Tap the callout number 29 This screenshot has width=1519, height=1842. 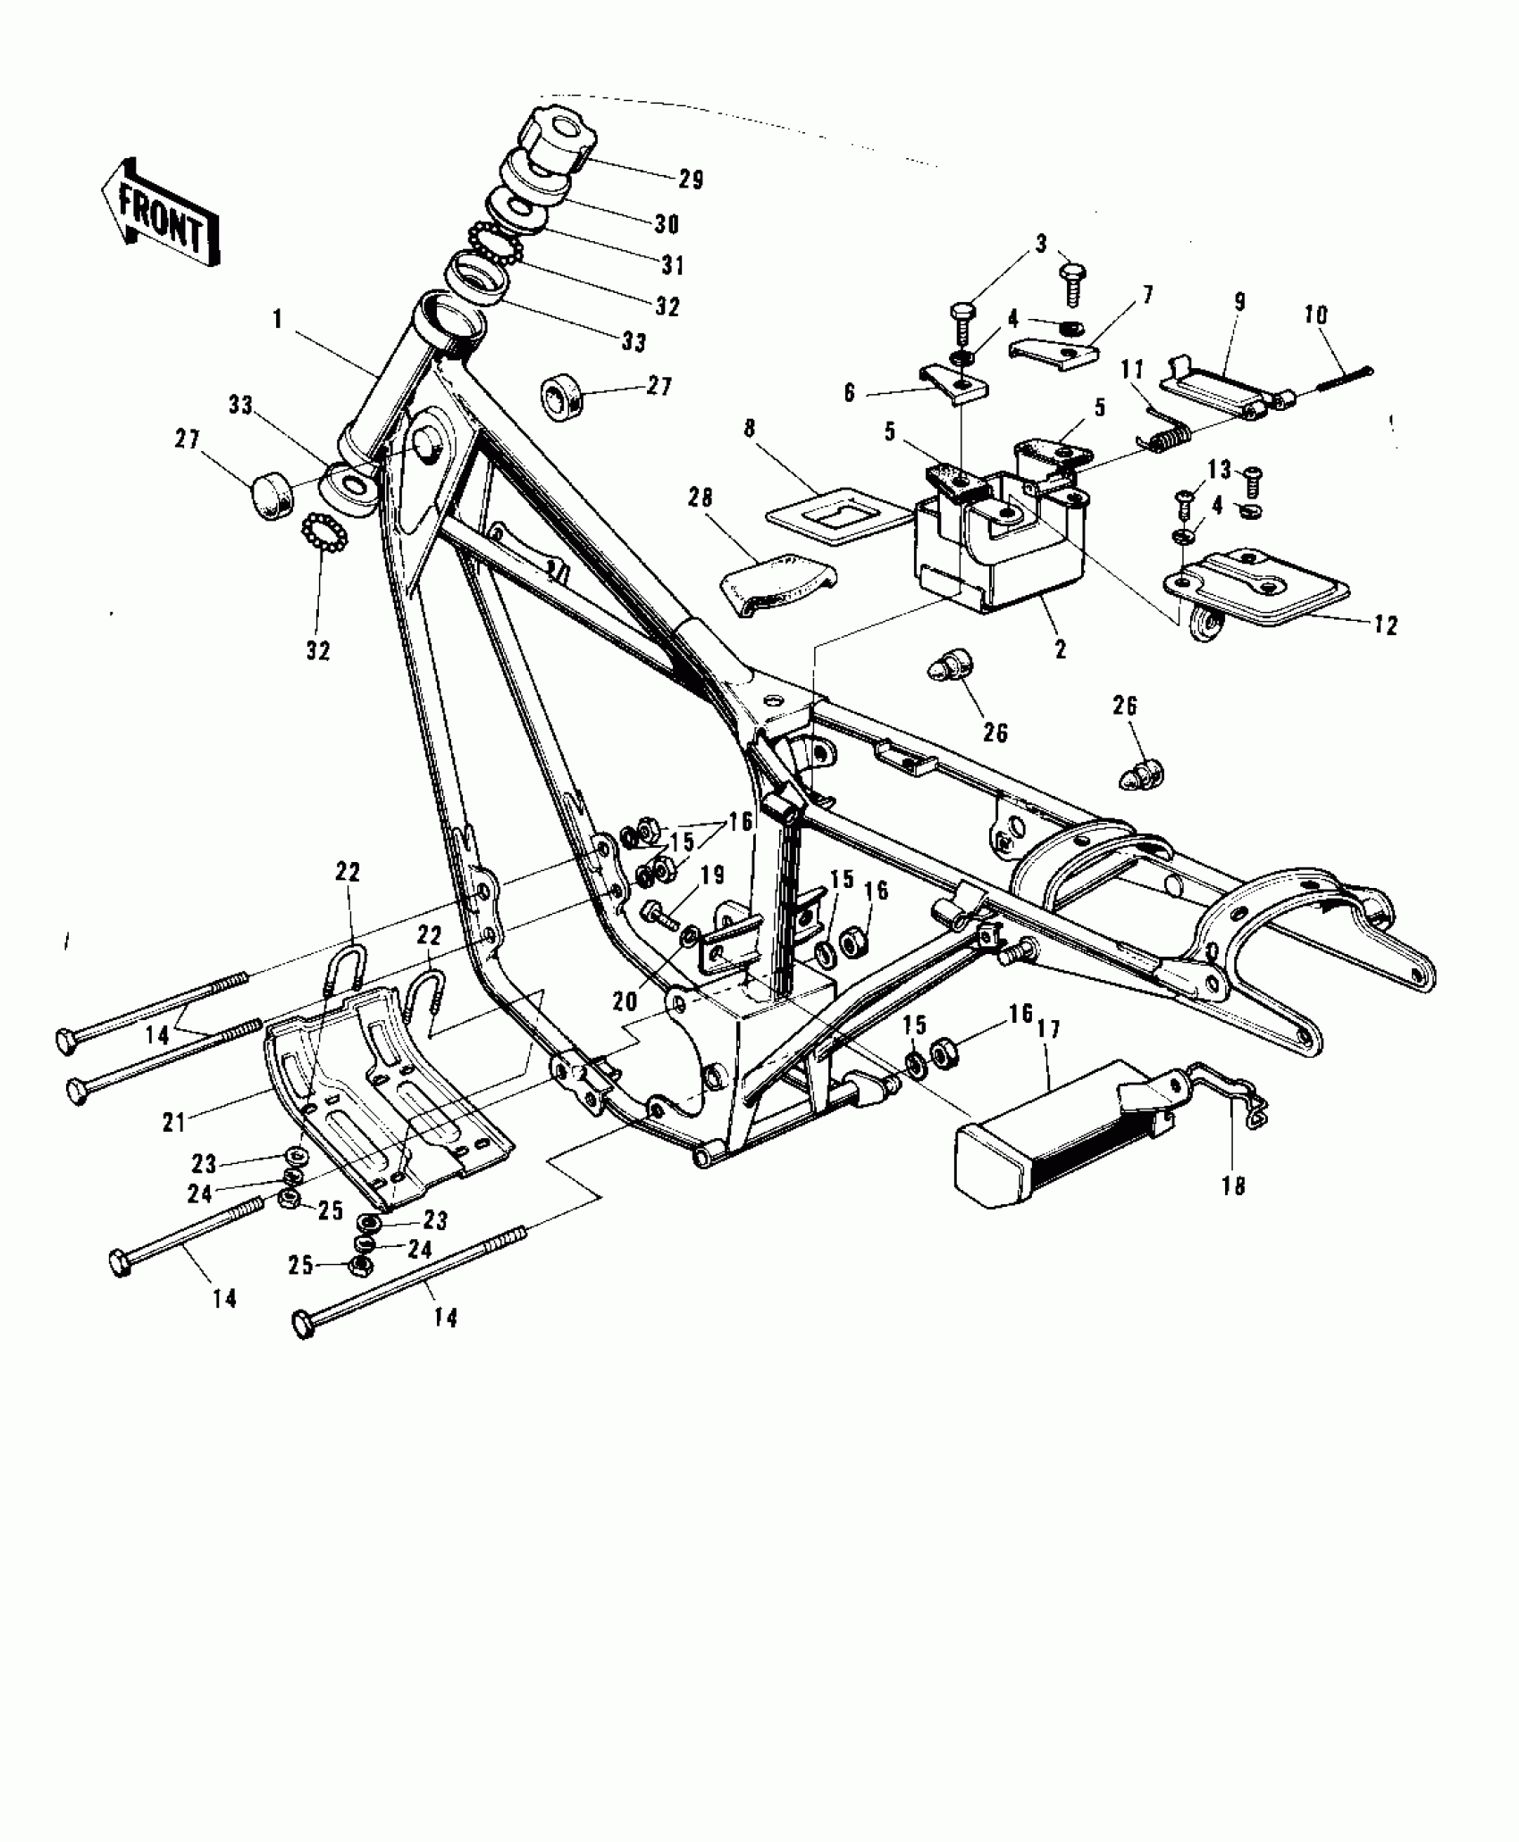point(690,180)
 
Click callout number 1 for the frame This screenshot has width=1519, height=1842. point(278,320)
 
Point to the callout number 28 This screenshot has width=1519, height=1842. point(701,497)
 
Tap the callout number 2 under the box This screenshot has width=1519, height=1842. point(1061,649)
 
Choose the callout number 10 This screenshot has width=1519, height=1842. point(1314,315)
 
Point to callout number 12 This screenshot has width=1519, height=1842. point(1385,625)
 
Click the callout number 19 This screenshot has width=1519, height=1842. point(712,875)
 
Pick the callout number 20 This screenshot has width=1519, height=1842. point(625,1001)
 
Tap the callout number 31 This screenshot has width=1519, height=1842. point(672,264)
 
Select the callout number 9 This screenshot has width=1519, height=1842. point(1240,302)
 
